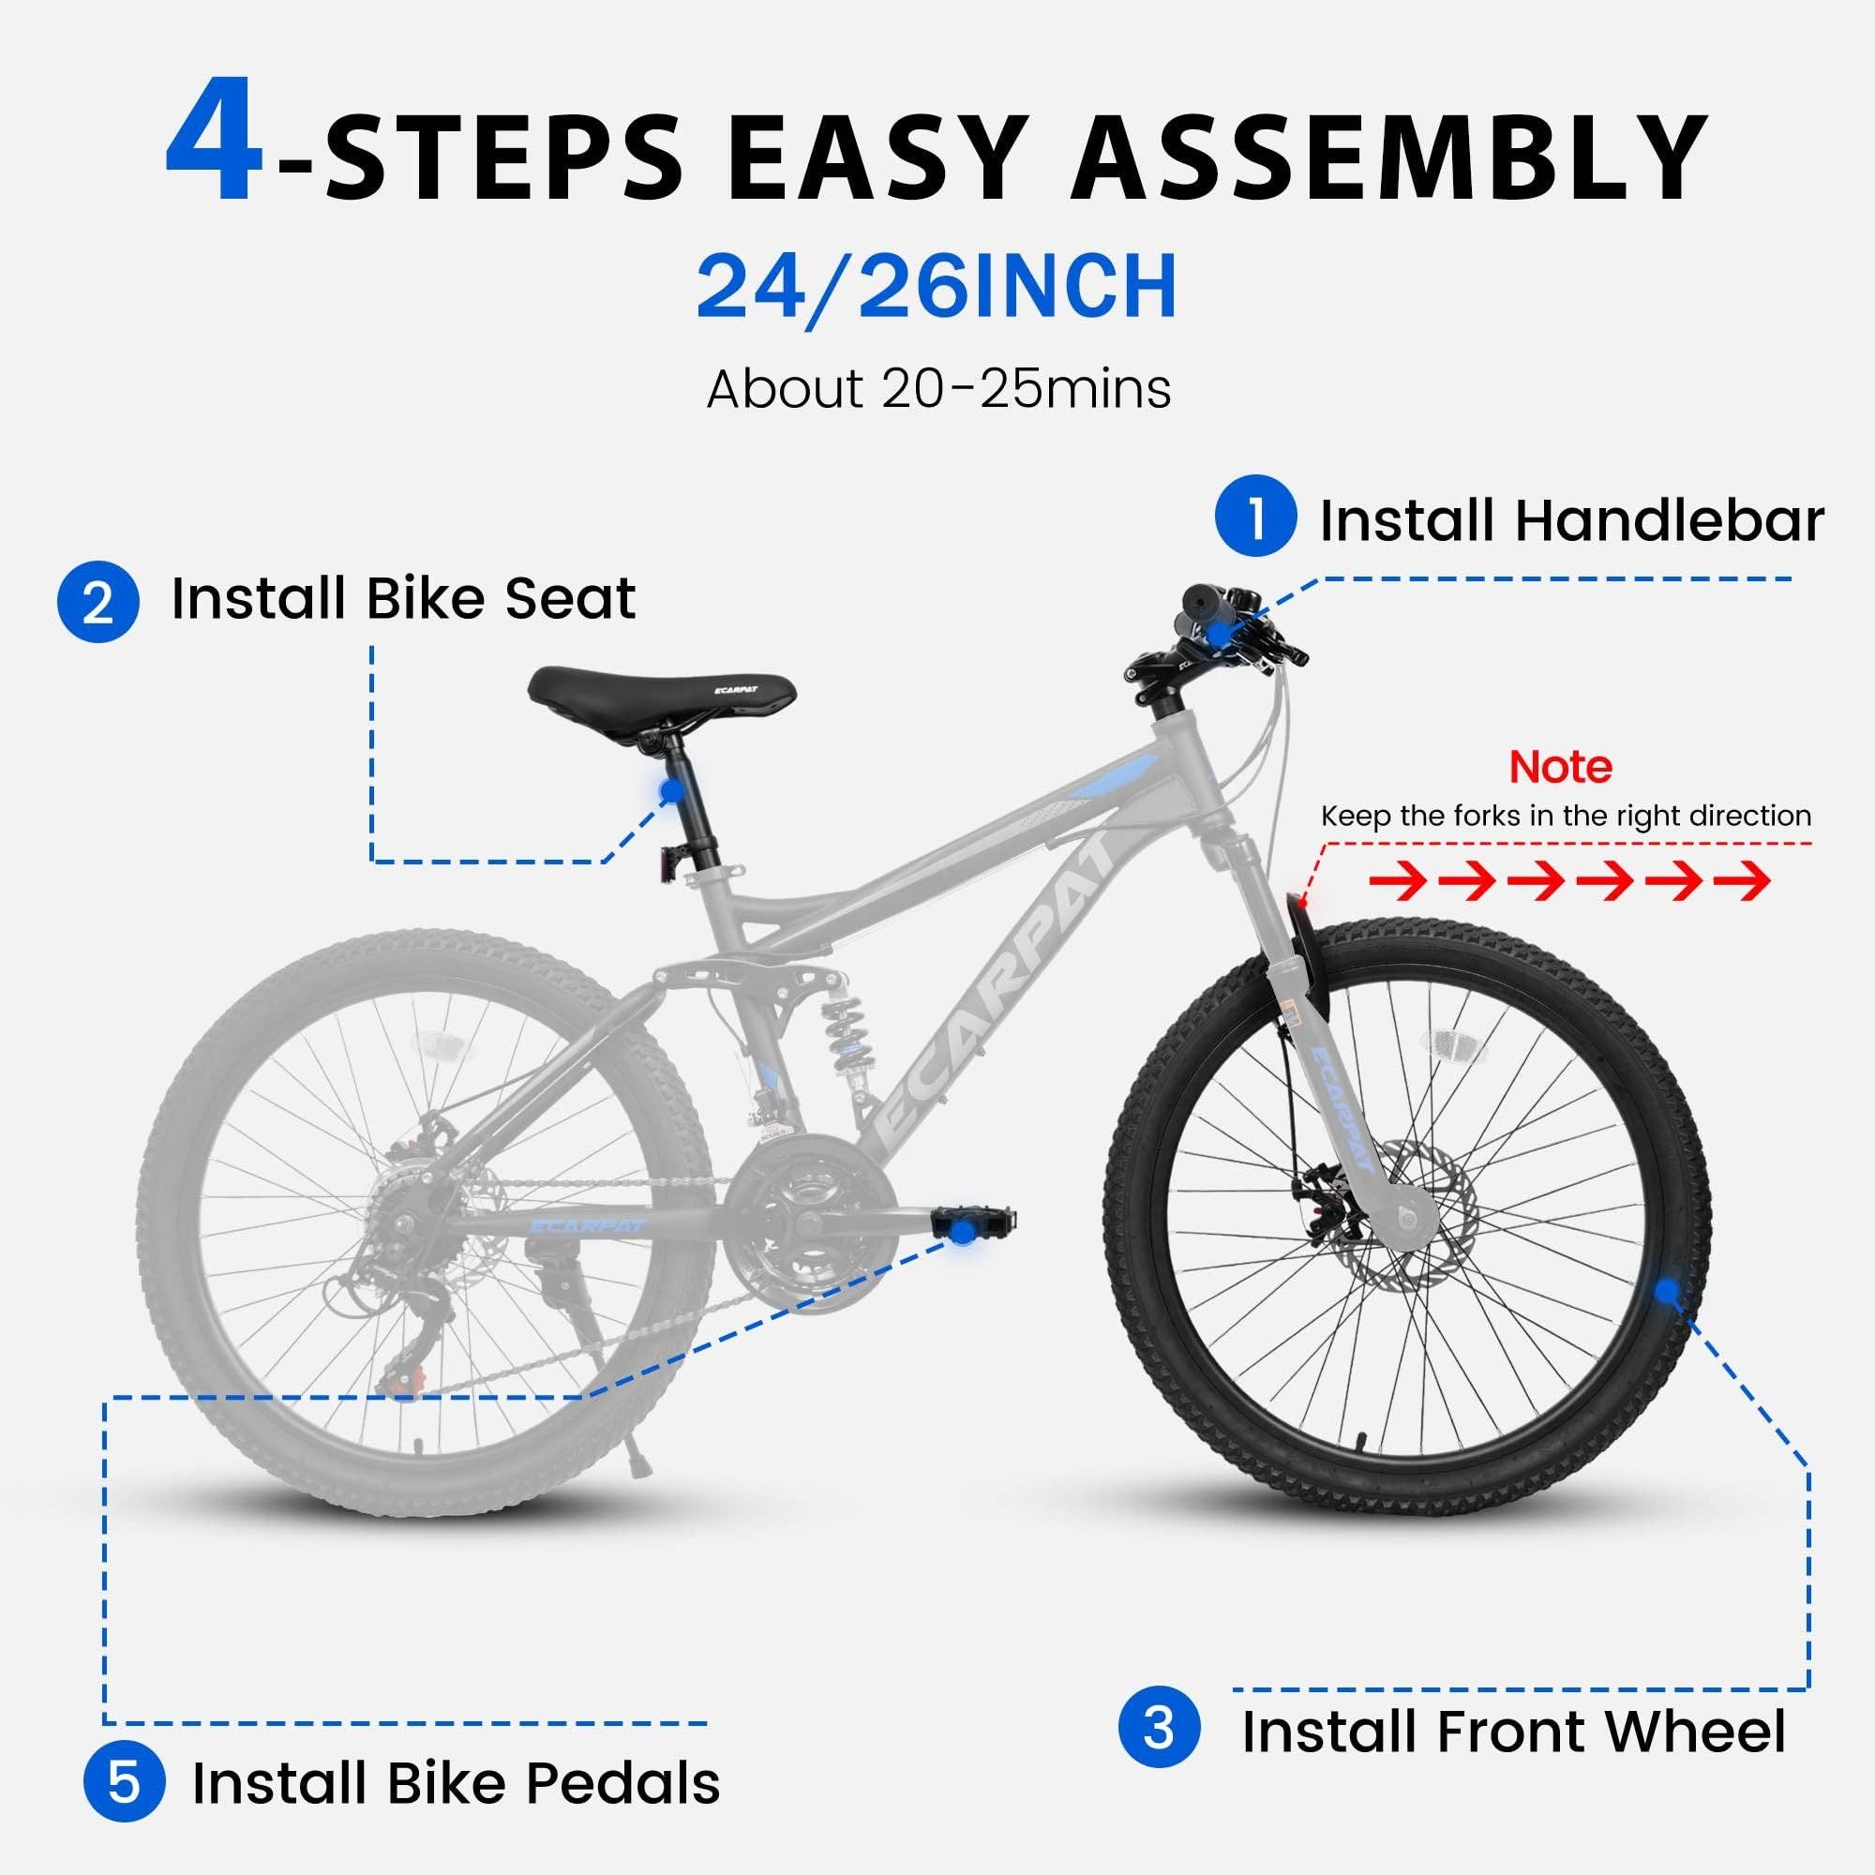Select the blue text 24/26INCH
937,287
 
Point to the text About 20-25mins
937,390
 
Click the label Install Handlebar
1571,520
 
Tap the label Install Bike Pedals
457,1783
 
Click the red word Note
1561,768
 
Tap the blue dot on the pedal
960,1231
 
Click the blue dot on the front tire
1666,1291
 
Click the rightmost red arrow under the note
1742,881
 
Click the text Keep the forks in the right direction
1566,817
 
